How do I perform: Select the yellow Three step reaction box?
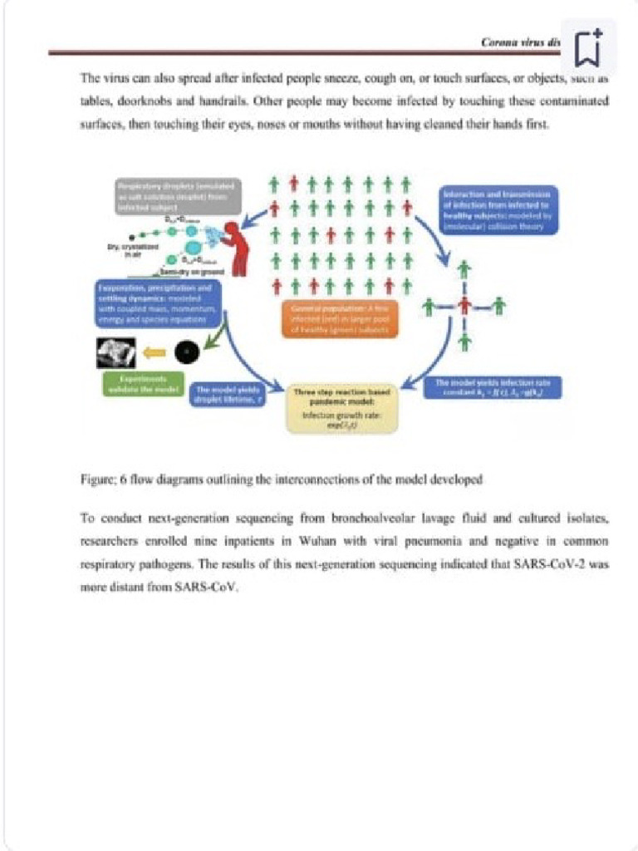tap(342, 408)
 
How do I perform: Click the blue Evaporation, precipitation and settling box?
tap(158, 305)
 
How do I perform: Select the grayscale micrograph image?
tap(116, 353)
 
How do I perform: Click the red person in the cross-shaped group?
tap(464, 307)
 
